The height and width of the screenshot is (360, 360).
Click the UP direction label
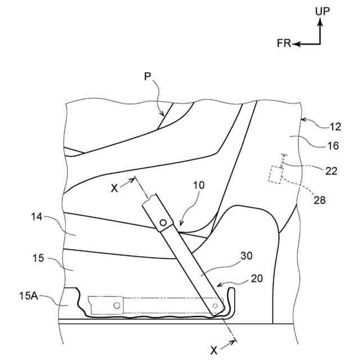point(323,10)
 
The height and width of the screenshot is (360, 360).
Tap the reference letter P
point(147,77)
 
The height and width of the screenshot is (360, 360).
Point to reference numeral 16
point(332,146)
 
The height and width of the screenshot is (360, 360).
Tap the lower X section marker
point(214,349)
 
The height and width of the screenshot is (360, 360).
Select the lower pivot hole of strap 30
point(216,305)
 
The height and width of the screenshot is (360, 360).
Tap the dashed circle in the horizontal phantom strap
point(116,305)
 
